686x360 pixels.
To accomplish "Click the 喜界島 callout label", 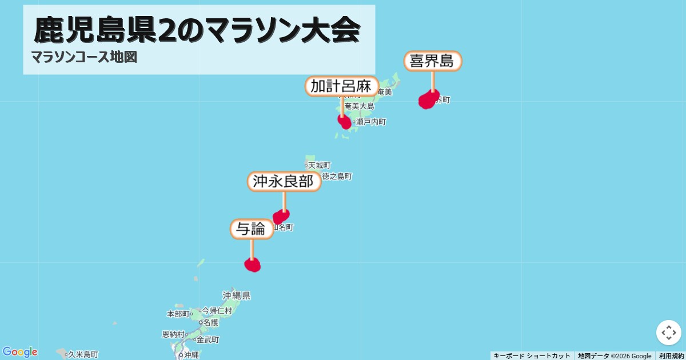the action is (433, 61).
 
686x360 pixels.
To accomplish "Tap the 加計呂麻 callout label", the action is (342, 86).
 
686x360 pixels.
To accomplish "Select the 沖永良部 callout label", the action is (284, 182).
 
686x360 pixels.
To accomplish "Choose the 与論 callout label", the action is (252, 229).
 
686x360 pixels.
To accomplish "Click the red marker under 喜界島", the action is (428, 99).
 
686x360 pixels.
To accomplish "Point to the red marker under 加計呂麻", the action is (345, 122).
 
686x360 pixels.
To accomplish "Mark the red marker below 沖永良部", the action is (281, 217).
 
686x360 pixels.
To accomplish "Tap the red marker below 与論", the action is (252, 265).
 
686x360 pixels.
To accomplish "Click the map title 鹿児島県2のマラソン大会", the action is (197, 30).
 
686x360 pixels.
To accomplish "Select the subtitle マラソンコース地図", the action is (84, 57).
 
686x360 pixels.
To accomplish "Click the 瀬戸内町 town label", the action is (371, 122).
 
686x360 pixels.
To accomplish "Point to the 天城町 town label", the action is (319, 165).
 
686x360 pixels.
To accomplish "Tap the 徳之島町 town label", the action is (337, 177).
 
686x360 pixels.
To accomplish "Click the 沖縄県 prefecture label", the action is (237, 295).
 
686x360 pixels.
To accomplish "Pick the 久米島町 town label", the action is (83, 354).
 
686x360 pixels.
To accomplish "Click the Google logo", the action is (20, 352).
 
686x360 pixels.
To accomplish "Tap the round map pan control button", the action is (668, 333).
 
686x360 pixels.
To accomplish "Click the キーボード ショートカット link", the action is (532, 356).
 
